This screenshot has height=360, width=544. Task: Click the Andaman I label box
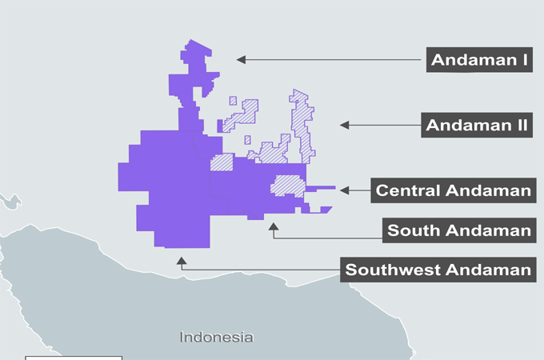pos(478,59)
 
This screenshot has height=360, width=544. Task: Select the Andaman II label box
pos(478,126)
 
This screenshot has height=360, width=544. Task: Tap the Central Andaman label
pos(453,190)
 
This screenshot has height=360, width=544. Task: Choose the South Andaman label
pos(458,230)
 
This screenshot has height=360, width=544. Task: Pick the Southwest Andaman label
pos(438,270)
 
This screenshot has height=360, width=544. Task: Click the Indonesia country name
pos(217,337)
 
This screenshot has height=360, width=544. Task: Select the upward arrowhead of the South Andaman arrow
pos(274,226)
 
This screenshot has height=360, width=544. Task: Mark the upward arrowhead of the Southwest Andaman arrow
pos(182,260)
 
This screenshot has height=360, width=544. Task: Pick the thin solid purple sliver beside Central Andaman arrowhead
pos(321,188)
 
